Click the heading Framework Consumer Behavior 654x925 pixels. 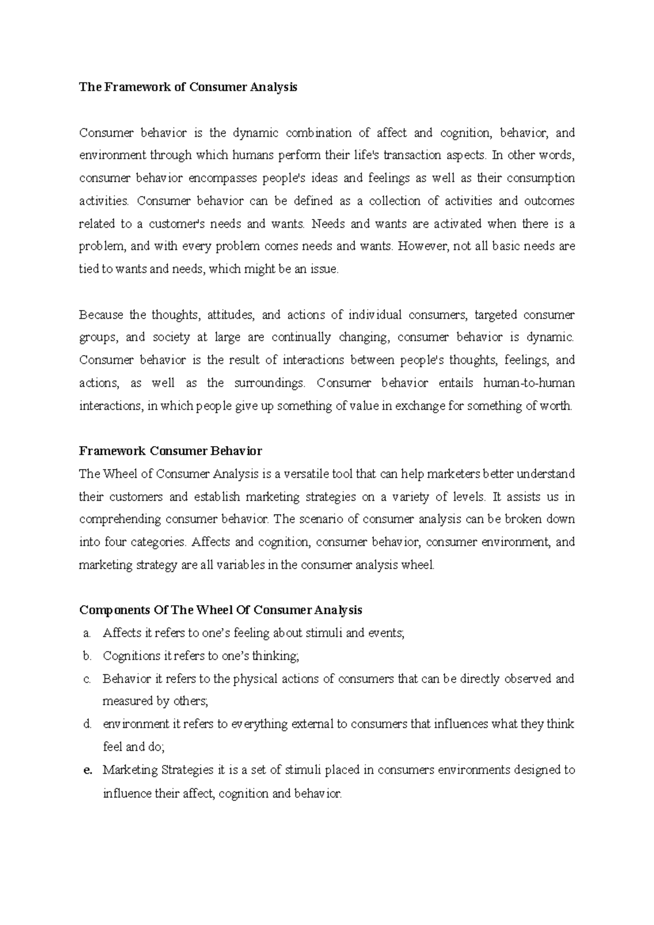(x=170, y=451)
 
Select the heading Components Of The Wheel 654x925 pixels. (x=220, y=610)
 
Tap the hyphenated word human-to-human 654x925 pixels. (x=529, y=383)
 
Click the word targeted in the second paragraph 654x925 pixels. (x=495, y=315)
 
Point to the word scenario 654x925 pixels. (x=322, y=519)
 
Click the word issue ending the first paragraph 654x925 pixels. (x=326, y=269)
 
